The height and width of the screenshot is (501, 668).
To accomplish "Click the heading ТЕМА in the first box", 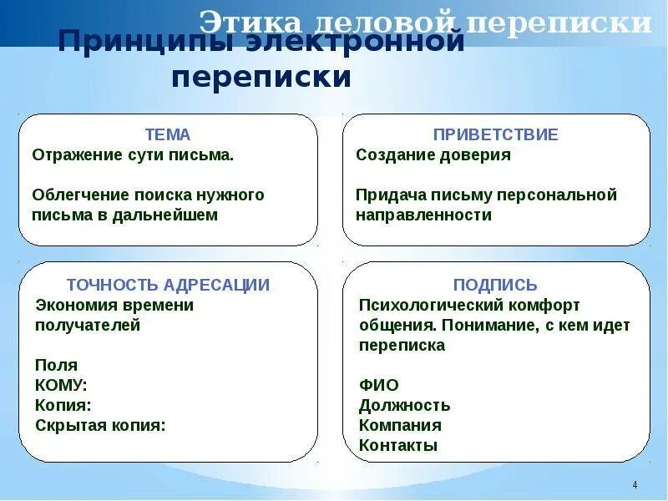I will (168, 134).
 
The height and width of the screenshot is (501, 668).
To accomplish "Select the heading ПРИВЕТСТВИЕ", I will (495, 134).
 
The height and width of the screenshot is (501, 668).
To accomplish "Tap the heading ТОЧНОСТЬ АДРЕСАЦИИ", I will (168, 285).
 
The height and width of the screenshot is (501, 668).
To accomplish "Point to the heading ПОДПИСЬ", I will (495, 285).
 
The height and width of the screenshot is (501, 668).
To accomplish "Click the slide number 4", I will (635, 485).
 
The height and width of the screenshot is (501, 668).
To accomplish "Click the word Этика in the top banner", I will (245, 23).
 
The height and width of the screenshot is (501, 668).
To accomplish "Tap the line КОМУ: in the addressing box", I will (61, 385).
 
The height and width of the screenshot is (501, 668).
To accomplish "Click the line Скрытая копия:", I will (100, 425).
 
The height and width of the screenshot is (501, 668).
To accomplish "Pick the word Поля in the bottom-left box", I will (56, 365).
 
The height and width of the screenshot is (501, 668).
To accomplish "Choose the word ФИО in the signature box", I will (378, 385).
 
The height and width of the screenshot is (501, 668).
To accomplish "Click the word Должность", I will (404, 406).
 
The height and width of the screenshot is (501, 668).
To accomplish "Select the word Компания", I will (400, 425).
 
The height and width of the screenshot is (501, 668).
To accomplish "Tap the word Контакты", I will (398, 445).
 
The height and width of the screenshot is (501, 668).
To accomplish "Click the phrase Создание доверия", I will (433, 155).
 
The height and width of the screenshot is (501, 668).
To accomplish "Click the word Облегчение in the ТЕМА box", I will (79, 195).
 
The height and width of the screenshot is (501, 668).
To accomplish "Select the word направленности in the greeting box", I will (423, 215).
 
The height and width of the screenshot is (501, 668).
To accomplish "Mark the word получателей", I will (88, 326).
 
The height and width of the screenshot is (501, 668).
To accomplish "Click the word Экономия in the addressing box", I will (74, 306).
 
